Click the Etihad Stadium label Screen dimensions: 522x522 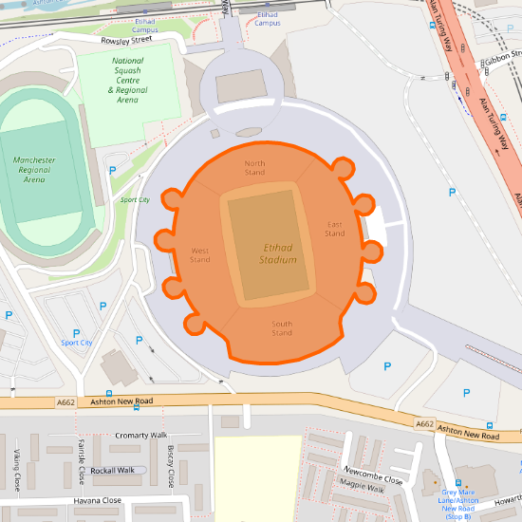[279, 252]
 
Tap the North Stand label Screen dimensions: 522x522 [254, 168]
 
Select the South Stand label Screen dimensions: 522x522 [282, 328]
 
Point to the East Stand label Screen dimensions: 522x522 [335, 229]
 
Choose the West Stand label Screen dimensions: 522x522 [199, 254]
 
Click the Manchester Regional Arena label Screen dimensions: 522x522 [34, 170]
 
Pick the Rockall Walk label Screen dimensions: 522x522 [120, 470]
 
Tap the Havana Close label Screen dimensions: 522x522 [97, 500]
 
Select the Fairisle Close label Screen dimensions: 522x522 [82, 460]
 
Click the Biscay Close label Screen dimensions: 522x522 [171, 463]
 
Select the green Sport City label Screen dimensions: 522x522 [134, 200]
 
